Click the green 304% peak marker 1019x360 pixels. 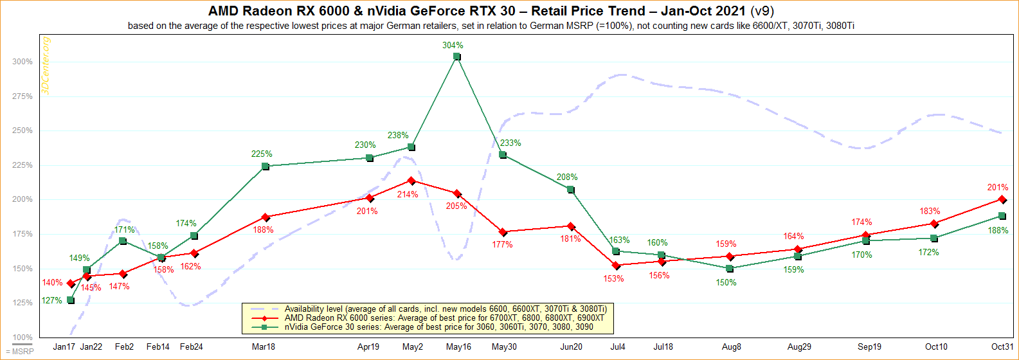[x=456, y=57]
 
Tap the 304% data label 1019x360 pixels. [x=453, y=46]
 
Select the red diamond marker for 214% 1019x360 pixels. [x=411, y=181]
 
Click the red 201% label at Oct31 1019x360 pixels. [x=998, y=188]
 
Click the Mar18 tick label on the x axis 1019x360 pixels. [x=264, y=347]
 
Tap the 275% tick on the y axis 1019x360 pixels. [x=22, y=96]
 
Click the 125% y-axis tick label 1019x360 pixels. [x=22, y=303]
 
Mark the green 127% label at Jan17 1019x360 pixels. [x=53, y=301]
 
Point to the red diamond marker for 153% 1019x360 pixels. [x=616, y=265]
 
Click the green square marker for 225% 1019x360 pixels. [x=265, y=166]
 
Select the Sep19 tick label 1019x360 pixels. [x=869, y=347]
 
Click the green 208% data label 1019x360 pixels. [x=567, y=177]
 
